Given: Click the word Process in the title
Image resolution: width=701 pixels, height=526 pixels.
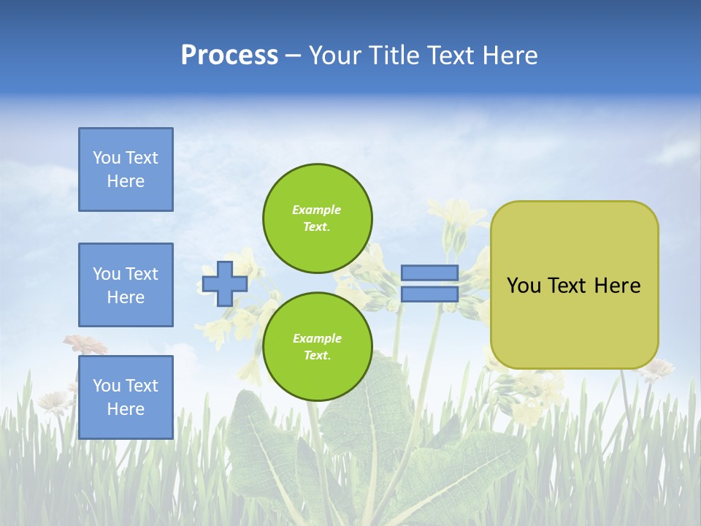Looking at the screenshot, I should [x=229, y=56].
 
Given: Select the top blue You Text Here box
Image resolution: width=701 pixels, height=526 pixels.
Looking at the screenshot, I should [x=126, y=169].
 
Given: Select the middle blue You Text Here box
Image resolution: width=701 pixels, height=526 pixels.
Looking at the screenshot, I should [x=126, y=285].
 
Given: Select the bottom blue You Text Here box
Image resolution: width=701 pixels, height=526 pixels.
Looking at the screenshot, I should [x=126, y=397].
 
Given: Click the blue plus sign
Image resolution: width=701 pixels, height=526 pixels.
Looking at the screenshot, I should [x=224, y=283].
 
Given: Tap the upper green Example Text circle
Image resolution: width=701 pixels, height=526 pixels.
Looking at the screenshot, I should [x=317, y=218].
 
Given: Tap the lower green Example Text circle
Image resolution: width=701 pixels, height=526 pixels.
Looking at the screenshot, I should [x=317, y=347].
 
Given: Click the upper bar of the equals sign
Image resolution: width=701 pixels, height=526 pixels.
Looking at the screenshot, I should [x=429, y=272].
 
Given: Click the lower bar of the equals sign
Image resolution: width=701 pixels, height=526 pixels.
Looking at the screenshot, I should [x=429, y=294].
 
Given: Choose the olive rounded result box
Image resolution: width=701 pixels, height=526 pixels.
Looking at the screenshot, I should [x=574, y=321].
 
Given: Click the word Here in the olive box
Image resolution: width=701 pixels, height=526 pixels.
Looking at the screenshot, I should [x=617, y=286].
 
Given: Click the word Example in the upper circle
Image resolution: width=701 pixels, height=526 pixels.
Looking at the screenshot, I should [x=316, y=210].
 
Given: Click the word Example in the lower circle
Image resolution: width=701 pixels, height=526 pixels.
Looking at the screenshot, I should [x=316, y=338].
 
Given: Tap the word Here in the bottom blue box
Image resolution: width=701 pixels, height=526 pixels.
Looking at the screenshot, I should [x=126, y=409].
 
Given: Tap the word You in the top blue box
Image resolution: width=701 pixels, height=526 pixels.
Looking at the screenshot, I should [x=106, y=158].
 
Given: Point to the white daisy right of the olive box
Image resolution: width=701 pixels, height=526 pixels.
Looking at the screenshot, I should [x=659, y=367].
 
